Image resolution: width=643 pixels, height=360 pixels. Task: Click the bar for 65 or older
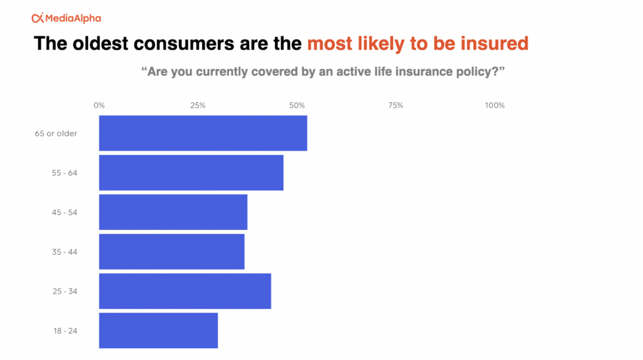coord(203,133)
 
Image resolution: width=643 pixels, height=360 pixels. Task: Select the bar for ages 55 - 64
coord(191,172)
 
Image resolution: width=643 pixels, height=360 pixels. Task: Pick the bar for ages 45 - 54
coord(173,212)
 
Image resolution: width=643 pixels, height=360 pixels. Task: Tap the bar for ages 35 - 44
coord(172,252)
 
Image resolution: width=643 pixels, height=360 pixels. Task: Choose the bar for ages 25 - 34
coord(185,291)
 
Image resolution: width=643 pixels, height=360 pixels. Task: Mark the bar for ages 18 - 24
coord(158,330)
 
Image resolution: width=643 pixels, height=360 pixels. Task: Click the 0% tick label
coord(99,106)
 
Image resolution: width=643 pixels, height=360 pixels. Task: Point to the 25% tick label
coord(198,106)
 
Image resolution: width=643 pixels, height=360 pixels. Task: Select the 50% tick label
coord(297,106)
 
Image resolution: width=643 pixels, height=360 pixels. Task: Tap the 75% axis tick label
coord(396,106)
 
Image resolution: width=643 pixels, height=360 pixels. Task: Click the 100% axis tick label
coord(495,106)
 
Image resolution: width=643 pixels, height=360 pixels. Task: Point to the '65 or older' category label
coord(56,133)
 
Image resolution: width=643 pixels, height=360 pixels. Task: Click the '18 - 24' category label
coord(65,331)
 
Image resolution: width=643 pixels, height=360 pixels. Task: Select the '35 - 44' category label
coord(65,252)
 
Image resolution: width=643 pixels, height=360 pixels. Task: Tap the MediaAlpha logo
coord(67,18)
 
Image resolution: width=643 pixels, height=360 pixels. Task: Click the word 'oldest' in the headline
coord(100,43)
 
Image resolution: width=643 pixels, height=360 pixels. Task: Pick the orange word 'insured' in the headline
coord(494,43)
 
